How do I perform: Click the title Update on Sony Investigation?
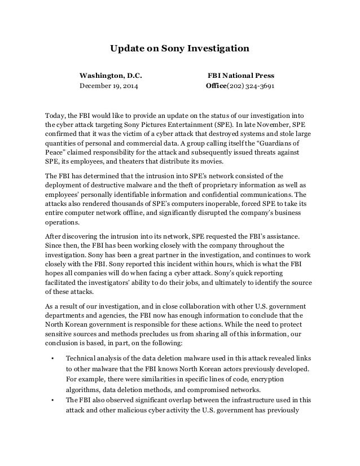179,49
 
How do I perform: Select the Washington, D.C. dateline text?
111,74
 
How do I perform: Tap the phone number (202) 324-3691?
251,87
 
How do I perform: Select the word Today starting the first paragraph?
55,115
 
